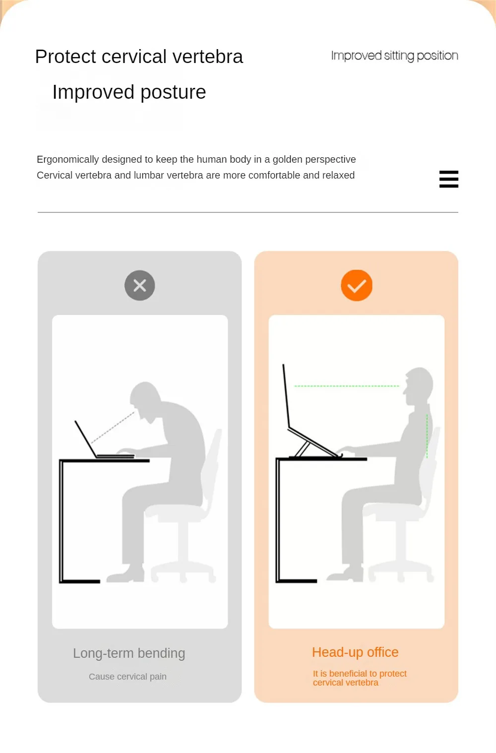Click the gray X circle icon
point(140,285)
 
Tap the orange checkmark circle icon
point(357,285)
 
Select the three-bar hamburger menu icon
point(448,179)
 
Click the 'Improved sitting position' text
point(394,56)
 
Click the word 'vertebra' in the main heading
point(208,57)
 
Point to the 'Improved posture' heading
point(129,92)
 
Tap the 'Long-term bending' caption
point(129,653)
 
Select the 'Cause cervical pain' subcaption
point(127,676)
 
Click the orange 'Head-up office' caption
point(355,652)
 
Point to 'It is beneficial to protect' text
point(360,674)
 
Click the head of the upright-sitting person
point(418,386)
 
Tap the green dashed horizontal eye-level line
point(347,386)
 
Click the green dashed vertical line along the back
point(427,436)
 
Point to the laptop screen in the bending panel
point(86,439)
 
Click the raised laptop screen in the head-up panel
point(286,396)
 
